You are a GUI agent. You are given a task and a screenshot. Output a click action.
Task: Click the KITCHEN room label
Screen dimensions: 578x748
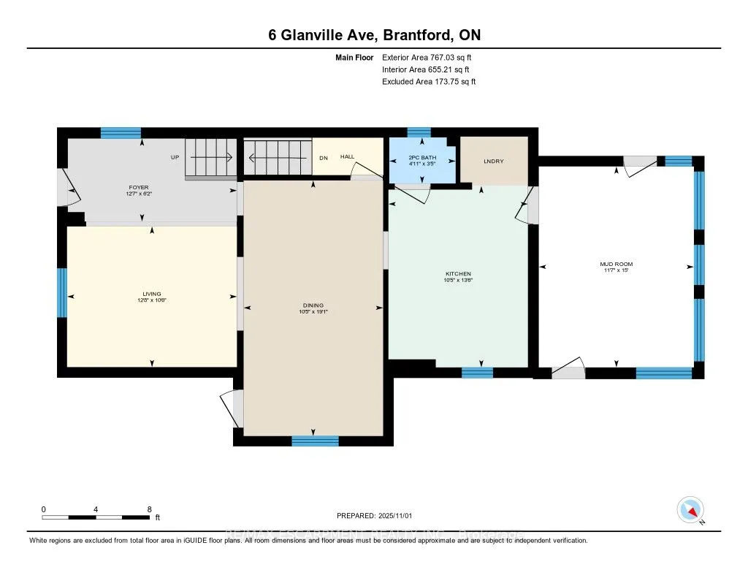pos(459,274)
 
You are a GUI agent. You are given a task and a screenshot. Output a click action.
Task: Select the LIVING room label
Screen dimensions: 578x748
pos(152,294)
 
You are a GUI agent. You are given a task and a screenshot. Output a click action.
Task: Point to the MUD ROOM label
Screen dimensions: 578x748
pos(617,264)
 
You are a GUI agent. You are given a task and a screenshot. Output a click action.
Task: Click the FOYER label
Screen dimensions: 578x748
pos(138,188)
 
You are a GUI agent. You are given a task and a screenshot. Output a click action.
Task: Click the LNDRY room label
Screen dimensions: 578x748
pos(493,161)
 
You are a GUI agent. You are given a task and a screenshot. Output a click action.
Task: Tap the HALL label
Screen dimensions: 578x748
pos(347,156)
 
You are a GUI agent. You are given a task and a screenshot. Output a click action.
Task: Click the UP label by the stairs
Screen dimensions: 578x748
pos(175,157)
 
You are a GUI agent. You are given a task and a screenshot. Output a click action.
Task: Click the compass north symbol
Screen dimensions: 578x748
pos(690,509)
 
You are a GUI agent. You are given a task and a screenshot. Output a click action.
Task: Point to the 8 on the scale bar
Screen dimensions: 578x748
pos(149,509)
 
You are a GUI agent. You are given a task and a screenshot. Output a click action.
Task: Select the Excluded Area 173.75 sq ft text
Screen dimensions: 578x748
pos(429,82)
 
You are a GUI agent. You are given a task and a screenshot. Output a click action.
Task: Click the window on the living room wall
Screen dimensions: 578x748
pos(62,293)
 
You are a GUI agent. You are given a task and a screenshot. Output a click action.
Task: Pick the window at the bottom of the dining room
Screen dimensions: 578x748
pos(315,441)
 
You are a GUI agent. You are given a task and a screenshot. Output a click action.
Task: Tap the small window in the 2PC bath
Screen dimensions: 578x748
pos(419,132)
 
